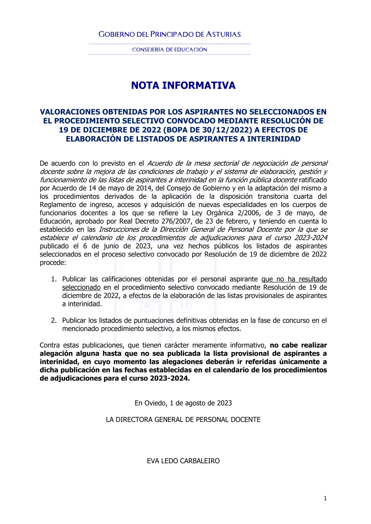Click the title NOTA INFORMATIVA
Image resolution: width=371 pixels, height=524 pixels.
coord(183,86)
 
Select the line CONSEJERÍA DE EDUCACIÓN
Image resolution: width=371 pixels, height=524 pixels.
coord(170,50)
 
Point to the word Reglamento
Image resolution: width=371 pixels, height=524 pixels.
coord(57,205)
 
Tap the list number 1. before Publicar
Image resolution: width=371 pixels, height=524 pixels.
coord(54,279)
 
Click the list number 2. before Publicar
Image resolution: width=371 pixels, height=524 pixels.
coord(54,321)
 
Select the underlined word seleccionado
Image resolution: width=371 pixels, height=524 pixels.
coord(81,288)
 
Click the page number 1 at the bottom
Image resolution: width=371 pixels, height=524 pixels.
coord(325,498)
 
